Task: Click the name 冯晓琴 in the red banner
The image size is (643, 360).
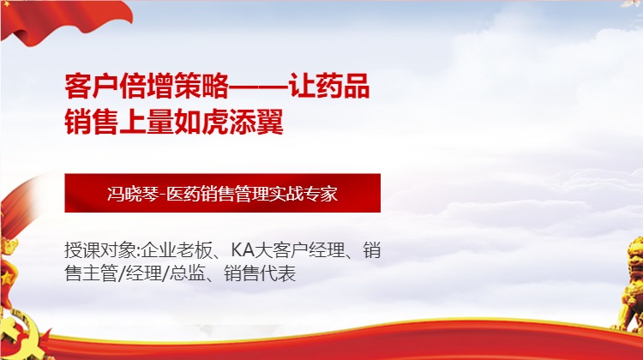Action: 128,194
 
